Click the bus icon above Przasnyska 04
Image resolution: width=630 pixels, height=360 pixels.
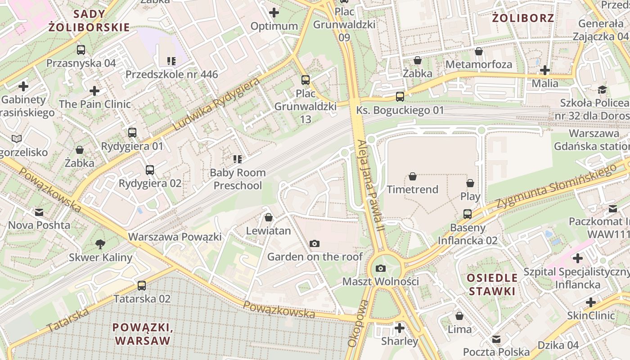81,50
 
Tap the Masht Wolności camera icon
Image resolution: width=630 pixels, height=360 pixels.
380,269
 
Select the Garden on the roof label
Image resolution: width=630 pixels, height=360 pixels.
315,256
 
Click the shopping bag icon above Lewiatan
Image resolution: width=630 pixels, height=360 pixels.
269,218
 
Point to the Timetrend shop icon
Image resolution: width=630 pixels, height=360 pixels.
413,177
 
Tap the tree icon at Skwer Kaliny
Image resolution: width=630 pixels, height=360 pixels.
100,244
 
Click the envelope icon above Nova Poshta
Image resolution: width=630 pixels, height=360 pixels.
39,212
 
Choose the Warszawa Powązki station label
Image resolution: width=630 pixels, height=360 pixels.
175,237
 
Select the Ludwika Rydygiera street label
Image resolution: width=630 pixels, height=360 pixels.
216,105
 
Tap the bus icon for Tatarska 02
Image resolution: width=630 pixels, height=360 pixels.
142,286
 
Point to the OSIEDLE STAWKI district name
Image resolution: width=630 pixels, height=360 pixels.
492,284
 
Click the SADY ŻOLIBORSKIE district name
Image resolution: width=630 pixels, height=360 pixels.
89,20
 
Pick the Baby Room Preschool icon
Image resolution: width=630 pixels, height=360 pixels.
238,159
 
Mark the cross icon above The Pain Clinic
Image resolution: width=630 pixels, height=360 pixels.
94,91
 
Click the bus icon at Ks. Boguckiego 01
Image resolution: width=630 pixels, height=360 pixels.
400,97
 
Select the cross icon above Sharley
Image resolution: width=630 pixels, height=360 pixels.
399,328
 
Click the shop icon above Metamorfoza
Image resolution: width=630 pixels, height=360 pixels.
479,51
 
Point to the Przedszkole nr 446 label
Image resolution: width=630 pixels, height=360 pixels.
171,74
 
